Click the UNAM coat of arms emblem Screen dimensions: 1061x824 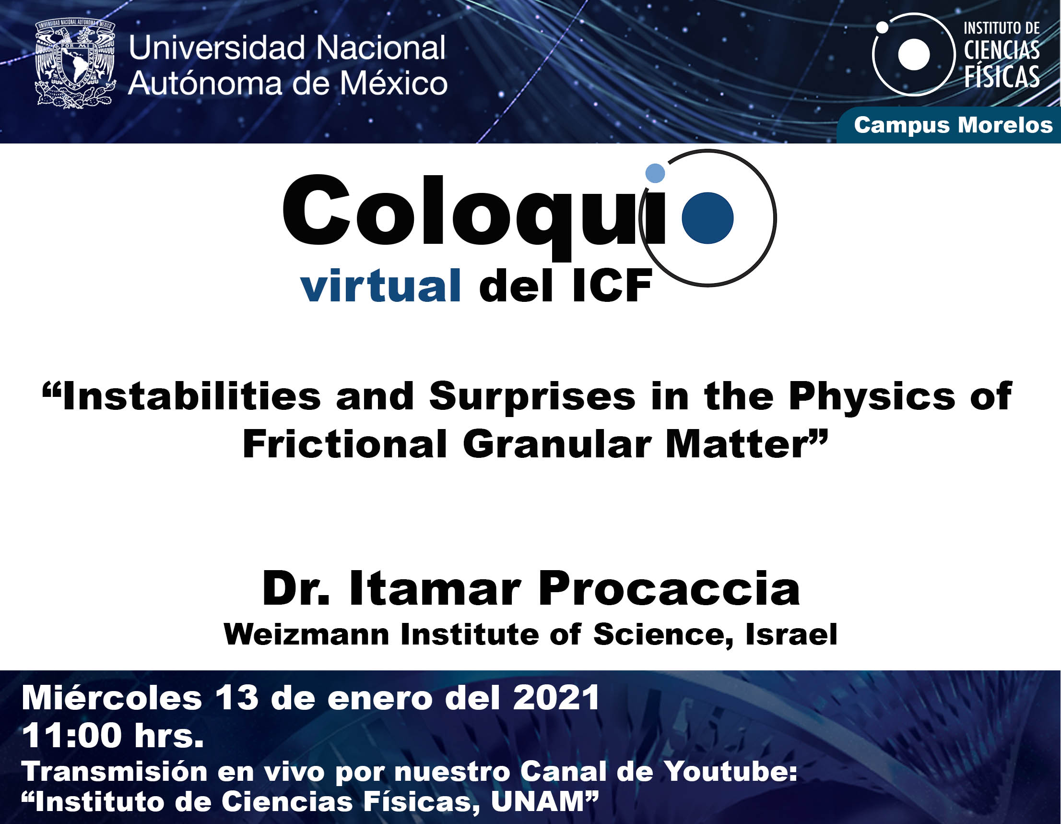point(75,63)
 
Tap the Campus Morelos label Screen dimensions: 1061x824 point(953,125)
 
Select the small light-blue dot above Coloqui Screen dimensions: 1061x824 point(655,173)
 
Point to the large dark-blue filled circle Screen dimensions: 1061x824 point(707,218)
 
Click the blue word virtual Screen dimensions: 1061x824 point(380,286)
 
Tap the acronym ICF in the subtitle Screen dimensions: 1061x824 point(612,287)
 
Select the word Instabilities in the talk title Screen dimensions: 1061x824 point(192,396)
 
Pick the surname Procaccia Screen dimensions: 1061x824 point(669,589)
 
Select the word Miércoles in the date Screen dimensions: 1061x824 point(111,698)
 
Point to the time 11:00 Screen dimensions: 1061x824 point(71,736)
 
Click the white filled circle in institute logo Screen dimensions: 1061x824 point(914,54)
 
